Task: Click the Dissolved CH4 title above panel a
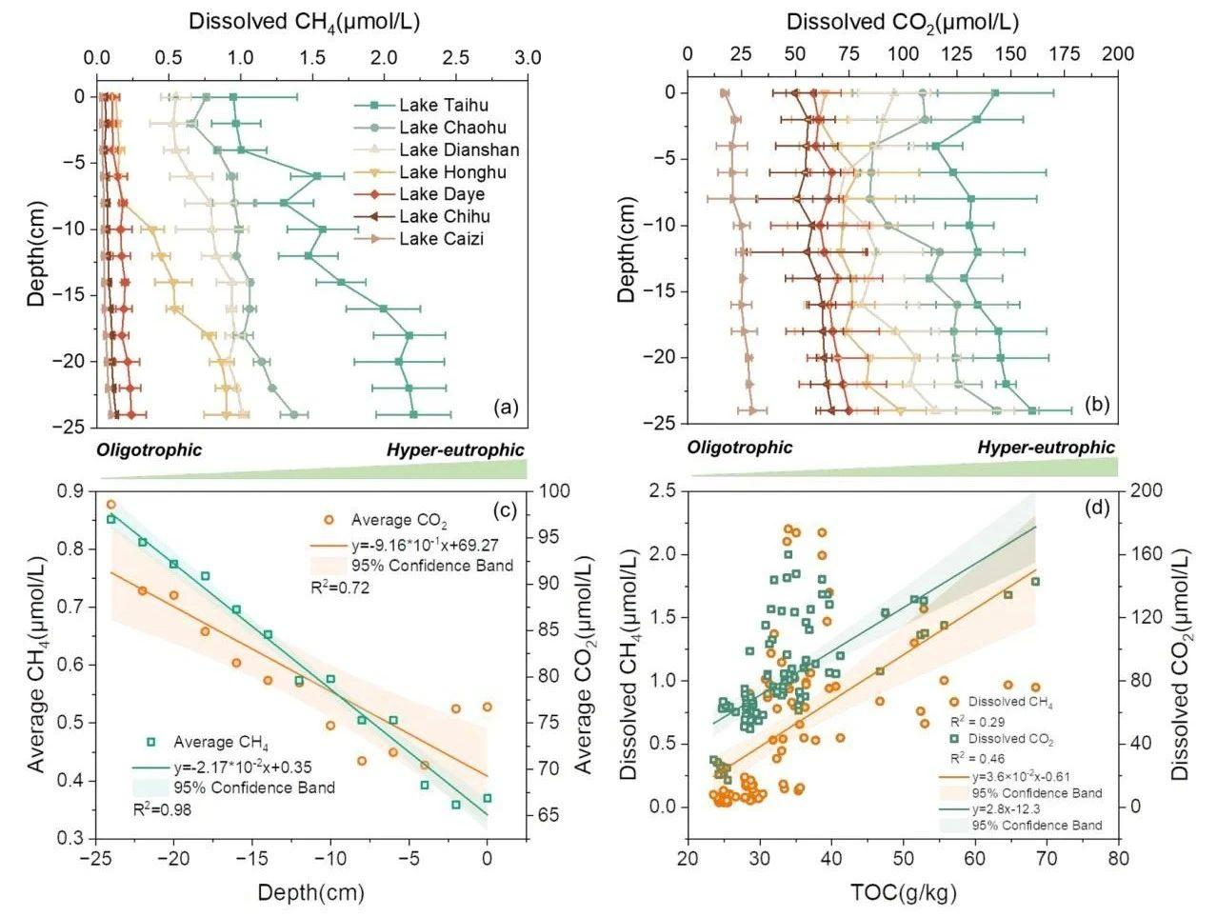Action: point(304,21)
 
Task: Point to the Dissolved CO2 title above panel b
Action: point(902,21)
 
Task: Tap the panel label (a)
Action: point(505,408)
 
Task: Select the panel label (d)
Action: point(1097,508)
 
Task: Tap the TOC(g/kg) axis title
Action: point(903,892)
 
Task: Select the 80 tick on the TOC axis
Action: point(1118,859)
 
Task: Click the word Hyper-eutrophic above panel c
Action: point(455,450)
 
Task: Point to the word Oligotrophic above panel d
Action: point(740,448)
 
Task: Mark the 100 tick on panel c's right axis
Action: point(553,491)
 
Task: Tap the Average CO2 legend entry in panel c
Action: point(399,521)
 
